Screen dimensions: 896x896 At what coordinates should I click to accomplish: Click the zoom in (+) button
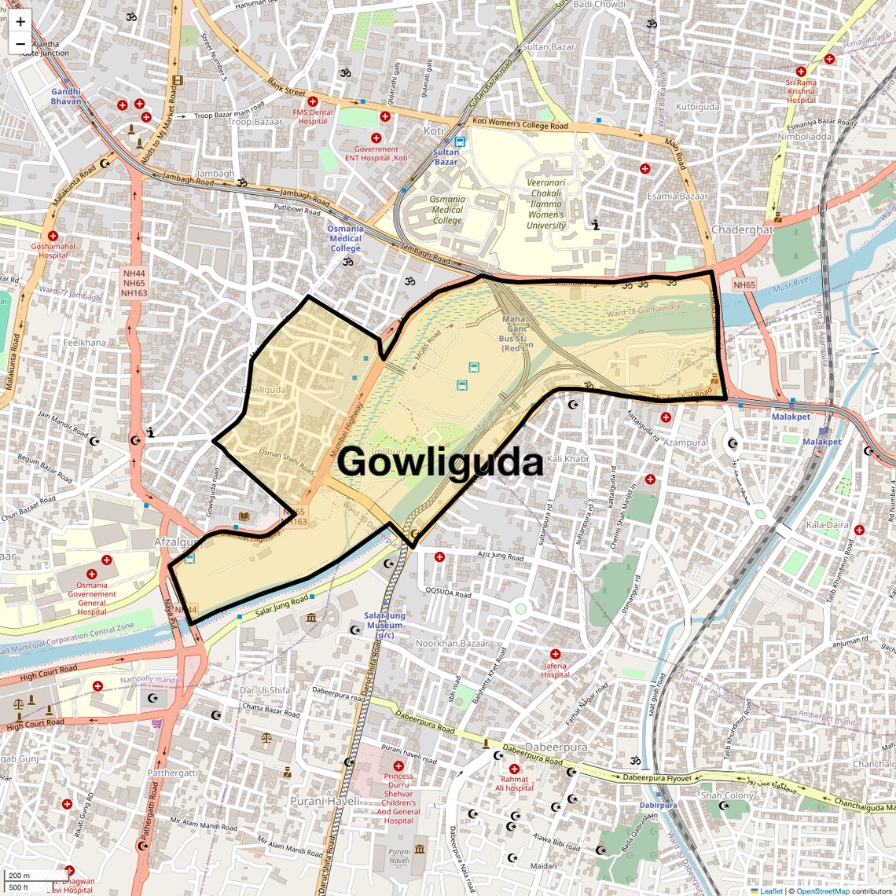pyautogui.click(x=20, y=21)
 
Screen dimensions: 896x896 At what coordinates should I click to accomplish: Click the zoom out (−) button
pyautogui.click(x=20, y=43)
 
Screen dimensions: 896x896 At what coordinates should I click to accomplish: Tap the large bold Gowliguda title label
pyautogui.click(x=440, y=462)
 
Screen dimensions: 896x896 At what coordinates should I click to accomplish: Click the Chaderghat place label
pyautogui.click(x=742, y=230)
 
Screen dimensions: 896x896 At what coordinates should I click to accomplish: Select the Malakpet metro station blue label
pyautogui.click(x=791, y=417)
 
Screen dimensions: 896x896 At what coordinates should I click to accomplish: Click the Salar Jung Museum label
pyautogui.click(x=384, y=625)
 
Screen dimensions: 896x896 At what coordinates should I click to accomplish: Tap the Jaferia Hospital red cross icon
pyautogui.click(x=555, y=654)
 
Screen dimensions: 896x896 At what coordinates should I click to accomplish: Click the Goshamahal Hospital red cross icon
pyautogui.click(x=53, y=236)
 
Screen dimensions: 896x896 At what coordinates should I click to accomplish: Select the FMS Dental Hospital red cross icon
pyautogui.click(x=313, y=101)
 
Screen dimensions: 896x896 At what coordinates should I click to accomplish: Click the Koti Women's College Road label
pyautogui.click(x=520, y=124)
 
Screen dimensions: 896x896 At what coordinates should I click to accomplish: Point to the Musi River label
pyautogui.click(x=792, y=282)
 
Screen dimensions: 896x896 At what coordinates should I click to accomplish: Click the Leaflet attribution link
pyautogui.click(x=770, y=890)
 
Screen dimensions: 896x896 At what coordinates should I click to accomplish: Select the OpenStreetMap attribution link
pyautogui.click(x=822, y=890)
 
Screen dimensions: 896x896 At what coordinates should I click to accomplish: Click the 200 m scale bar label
pyautogui.click(x=19, y=876)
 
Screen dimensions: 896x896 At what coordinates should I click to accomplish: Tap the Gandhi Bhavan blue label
pyautogui.click(x=66, y=96)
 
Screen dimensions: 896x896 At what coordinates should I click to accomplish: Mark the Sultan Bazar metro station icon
pyautogui.click(x=460, y=142)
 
